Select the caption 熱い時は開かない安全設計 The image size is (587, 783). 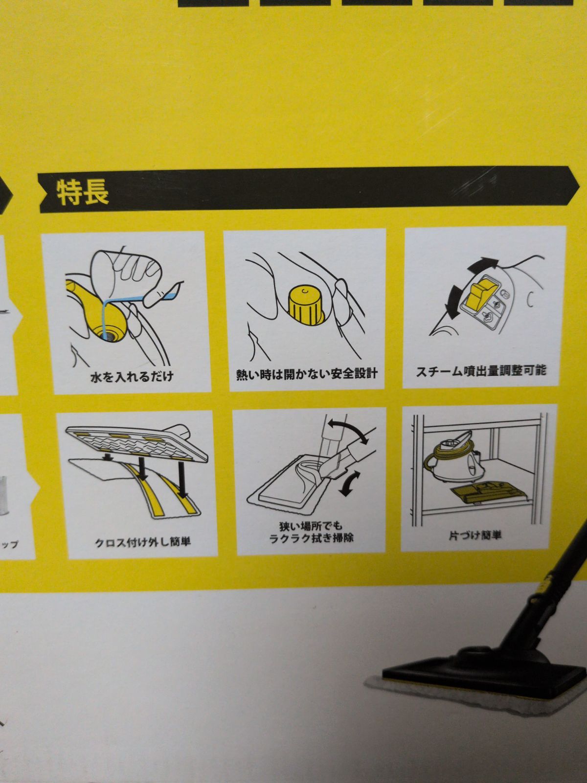(x=307, y=374)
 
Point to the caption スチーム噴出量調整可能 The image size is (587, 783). (x=481, y=370)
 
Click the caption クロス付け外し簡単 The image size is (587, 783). (x=143, y=543)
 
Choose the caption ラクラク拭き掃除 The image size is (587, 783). (x=311, y=537)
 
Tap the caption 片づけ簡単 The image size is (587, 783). (x=475, y=535)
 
